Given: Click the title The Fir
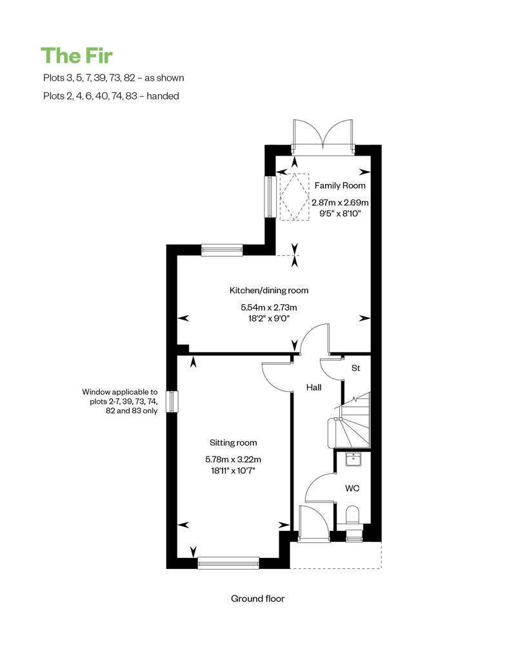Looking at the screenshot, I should click(x=77, y=56).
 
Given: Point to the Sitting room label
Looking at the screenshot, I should click(x=233, y=443).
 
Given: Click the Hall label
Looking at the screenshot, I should click(x=313, y=387).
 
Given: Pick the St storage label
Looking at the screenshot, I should click(x=355, y=369).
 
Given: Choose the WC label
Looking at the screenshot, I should click(x=352, y=489).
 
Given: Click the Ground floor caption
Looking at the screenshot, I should click(x=257, y=599).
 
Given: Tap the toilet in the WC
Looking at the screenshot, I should click(x=353, y=517).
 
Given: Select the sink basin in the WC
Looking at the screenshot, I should click(x=353, y=459).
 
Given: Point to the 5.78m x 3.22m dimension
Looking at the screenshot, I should click(x=233, y=460).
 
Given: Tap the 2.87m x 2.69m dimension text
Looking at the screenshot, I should click(x=340, y=203).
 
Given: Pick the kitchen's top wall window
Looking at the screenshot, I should click(x=222, y=250).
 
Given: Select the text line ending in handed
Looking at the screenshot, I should click(x=110, y=96).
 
